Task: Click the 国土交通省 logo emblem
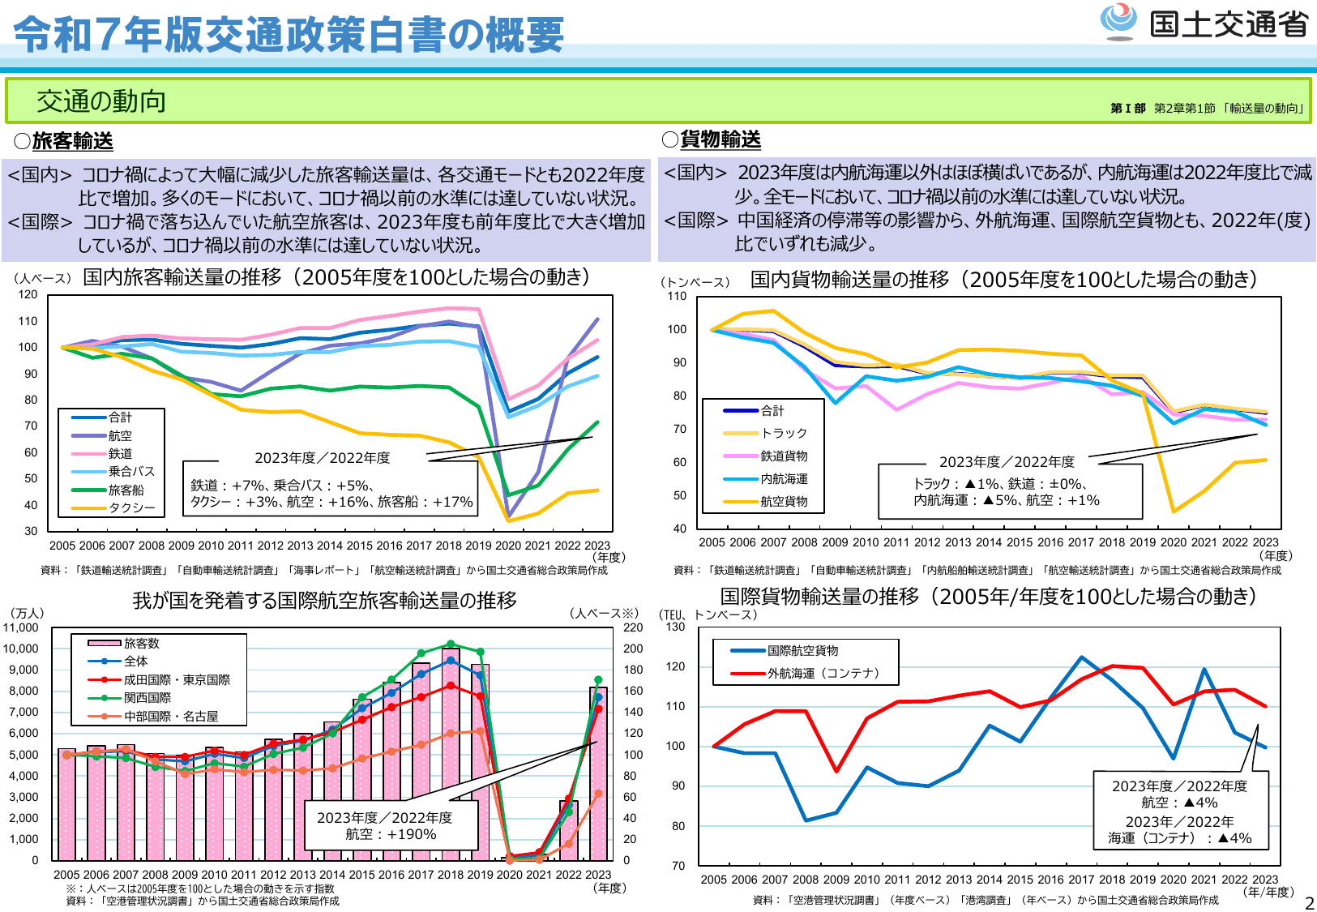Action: click(x=1118, y=22)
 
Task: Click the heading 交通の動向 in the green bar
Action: click(x=101, y=101)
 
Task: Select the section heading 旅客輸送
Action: click(x=72, y=141)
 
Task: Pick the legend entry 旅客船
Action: click(x=126, y=490)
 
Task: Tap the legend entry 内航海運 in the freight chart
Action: click(x=783, y=479)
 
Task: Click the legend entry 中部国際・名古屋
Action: click(x=171, y=716)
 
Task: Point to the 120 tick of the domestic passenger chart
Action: click(x=28, y=294)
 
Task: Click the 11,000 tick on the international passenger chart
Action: click(x=21, y=627)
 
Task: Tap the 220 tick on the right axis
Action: click(x=633, y=627)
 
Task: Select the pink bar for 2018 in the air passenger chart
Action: click(x=451, y=754)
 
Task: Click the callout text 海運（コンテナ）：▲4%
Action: click(x=1179, y=838)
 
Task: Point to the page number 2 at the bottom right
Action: click(x=1309, y=902)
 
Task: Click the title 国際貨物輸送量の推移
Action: click(x=819, y=597)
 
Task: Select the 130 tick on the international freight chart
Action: click(x=676, y=627)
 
